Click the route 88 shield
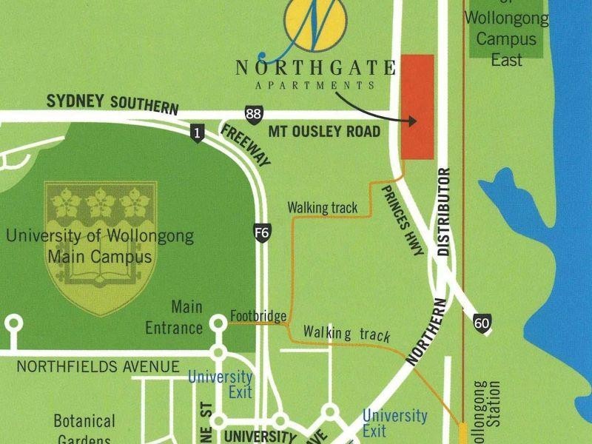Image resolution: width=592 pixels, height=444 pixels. point(253,113)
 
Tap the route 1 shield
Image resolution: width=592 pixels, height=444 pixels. point(197,133)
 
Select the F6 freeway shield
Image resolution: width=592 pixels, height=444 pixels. point(261,231)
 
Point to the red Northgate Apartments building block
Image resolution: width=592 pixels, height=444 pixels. point(417,106)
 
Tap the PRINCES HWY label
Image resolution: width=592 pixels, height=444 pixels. point(403,221)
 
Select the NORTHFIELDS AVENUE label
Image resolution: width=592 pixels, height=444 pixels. point(98,366)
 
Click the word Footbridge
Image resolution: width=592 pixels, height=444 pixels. point(258,316)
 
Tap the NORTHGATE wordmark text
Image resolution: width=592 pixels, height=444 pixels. point(315,69)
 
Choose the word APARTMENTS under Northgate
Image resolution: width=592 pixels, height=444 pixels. point(315,85)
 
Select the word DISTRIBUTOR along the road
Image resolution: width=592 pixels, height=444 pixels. point(444,212)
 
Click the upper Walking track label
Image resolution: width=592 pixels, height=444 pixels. point(323,208)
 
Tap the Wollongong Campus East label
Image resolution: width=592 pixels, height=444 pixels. point(506,39)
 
